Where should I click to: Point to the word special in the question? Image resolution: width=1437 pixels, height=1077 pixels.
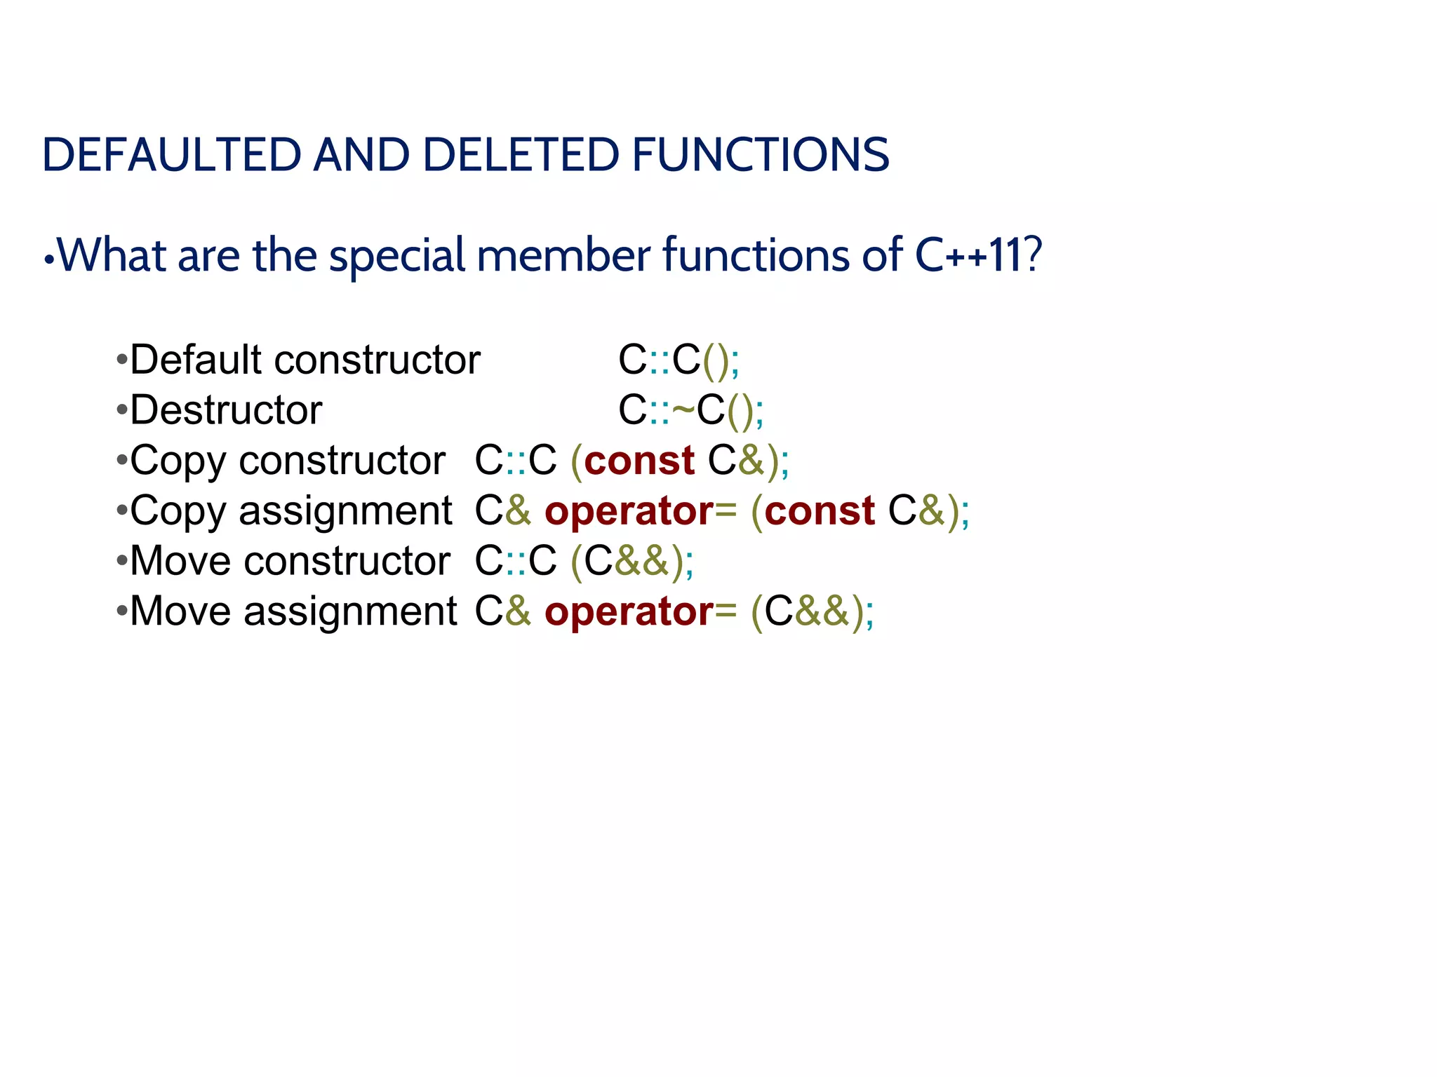(397, 256)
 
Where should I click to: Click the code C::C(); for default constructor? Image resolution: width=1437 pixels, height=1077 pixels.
(678, 360)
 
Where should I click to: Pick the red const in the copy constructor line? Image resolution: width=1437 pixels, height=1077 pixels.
(639, 461)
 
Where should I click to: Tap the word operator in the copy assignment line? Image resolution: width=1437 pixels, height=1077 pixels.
(629, 512)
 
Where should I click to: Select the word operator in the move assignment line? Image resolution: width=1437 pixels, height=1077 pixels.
(629, 612)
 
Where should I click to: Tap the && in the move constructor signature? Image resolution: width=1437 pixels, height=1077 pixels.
(641, 561)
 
